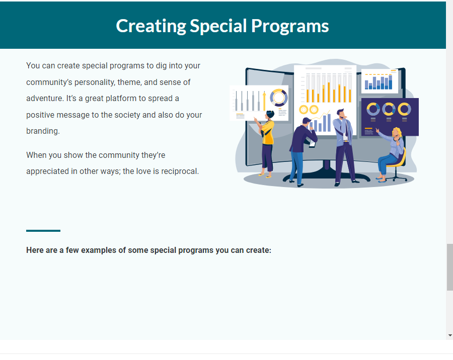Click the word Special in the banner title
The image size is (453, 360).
tap(218, 26)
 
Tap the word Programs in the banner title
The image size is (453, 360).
tap(290, 26)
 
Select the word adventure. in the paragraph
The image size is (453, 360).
tap(45, 99)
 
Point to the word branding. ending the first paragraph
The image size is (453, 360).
tap(43, 131)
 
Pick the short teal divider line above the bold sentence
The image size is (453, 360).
tap(43, 231)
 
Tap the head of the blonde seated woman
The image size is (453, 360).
tap(397, 133)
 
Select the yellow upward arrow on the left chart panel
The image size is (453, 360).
tap(264, 101)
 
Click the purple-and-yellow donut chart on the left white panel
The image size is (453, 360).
tap(279, 98)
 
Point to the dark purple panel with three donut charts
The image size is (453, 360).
tap(390, 117)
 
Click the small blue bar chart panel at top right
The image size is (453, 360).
tap(380, 81)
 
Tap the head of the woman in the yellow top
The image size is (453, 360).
tap(270, 115)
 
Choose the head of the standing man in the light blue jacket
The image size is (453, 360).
tap(341, 113)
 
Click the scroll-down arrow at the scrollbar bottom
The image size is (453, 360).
tap(450, 335)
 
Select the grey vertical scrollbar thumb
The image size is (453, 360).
tap(450, 267)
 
